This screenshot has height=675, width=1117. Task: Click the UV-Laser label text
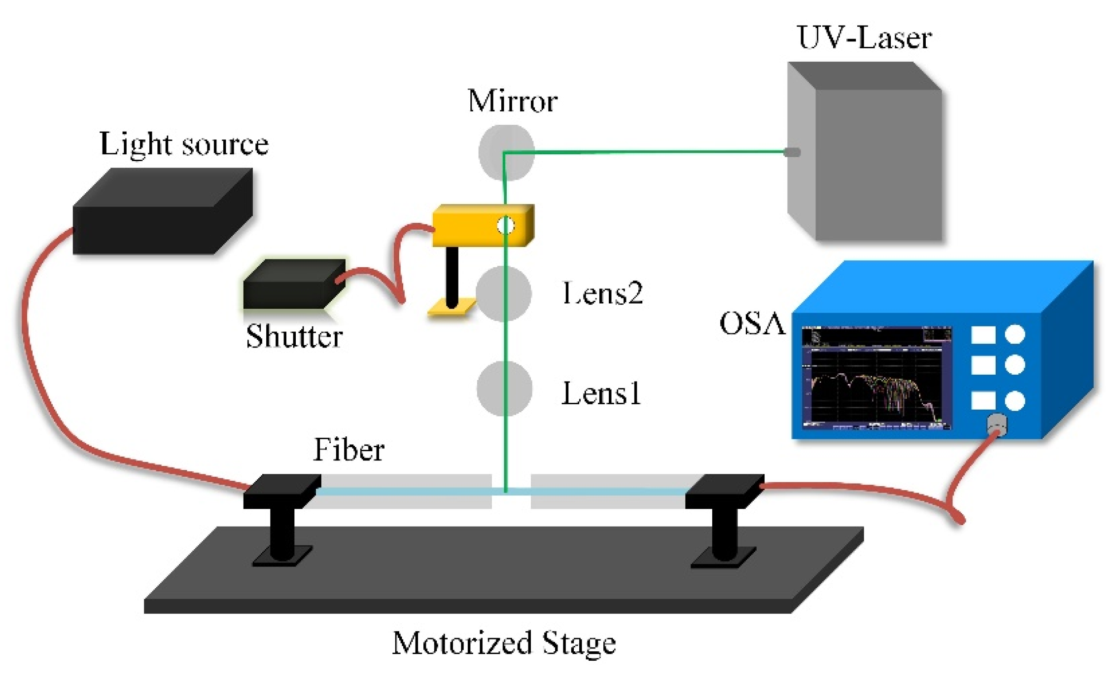point(864,37)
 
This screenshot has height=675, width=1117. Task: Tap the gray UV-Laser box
point(873,163)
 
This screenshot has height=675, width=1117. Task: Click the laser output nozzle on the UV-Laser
point(792,152)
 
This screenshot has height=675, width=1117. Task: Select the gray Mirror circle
point(506,152)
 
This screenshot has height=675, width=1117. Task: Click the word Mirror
point(512,101)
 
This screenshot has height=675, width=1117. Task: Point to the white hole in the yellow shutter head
point(505,226)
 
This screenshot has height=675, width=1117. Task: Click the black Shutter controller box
point(294,285)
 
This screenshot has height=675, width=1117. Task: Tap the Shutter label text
point(294,337)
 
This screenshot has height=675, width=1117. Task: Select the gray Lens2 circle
point(503,294)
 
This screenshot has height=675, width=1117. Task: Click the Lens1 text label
point(601,393)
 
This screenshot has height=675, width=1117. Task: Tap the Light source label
point(184,144)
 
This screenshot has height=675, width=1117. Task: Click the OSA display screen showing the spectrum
point(876,377)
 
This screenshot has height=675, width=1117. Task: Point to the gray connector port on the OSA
point(997,423)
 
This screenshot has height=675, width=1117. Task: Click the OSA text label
point(752,324)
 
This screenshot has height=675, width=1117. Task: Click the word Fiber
point(349,450)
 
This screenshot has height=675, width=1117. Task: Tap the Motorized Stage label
point(504,643)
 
